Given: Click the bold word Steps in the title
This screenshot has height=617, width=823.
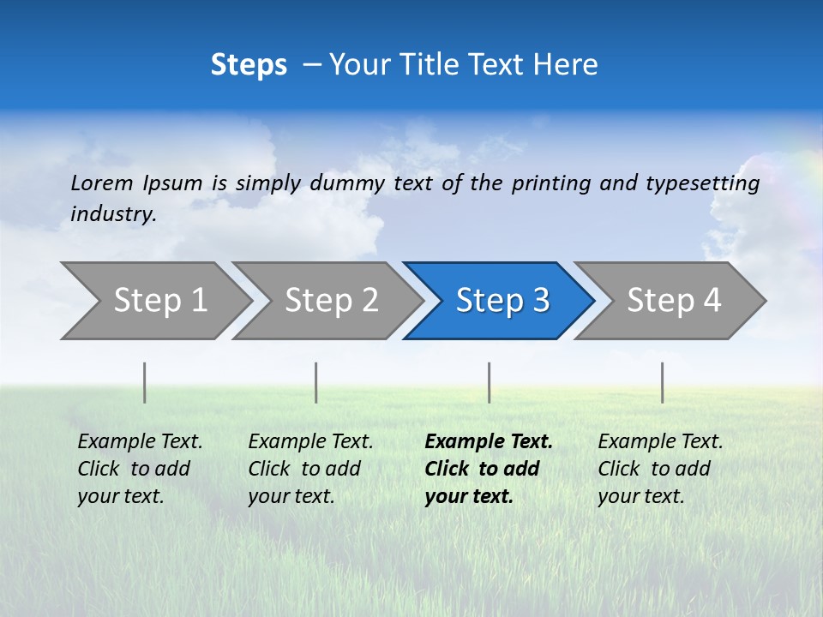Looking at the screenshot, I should pyautogui.click(x=249, y=65).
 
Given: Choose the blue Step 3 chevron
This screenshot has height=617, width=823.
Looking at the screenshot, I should pyautogui.click(x=502, y=301).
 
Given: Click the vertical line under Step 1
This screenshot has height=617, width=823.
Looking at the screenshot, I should pyautogui.click(x=145, y=382).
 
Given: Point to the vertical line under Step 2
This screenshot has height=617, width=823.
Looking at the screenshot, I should pyautogui.click(x=316, y=382).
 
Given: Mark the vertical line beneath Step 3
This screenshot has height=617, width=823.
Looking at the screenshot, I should pyautogui.click(x=489, y=382).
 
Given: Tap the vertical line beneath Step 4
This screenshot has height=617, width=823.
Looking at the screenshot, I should pyautogui.click(x=662, y=382).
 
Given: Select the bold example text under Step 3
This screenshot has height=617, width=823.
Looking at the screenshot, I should pyautogui.click(x=489, y=469).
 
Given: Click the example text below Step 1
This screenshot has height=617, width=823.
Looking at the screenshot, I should pyautogui.click(x=140, y=469).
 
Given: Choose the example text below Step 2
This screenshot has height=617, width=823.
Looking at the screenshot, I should pyautogui.click(x=310, y=469).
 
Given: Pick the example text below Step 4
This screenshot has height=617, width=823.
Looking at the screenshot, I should pyautogui.click(x=660, y=469).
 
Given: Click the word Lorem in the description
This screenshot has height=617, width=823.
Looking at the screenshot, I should pyautogui.click(x=102, y=183).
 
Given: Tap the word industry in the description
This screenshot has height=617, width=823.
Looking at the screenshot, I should pyautogui.click(x=113, y=214).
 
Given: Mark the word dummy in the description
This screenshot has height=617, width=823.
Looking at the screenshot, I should pyautogui.click(x=348, y=183).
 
